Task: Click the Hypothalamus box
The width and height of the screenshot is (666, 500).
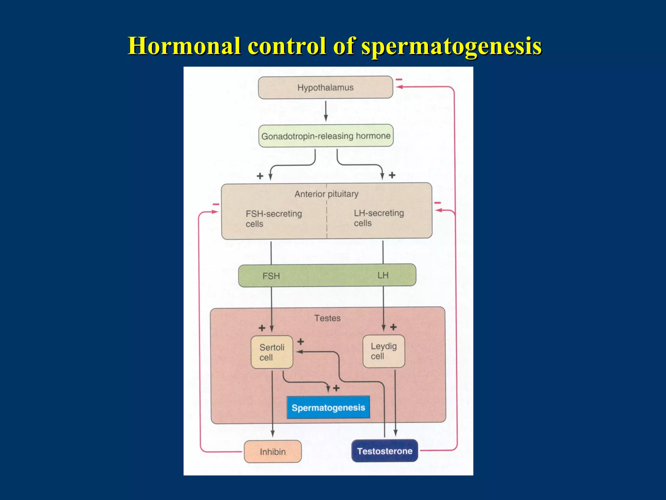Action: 325,88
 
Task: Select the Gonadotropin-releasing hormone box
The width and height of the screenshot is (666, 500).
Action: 326,136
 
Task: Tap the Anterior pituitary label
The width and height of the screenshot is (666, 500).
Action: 326,194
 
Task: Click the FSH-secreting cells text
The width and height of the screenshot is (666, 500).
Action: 273,218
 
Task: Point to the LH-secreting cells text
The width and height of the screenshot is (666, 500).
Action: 379,218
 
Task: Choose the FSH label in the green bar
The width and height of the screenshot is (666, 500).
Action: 271,276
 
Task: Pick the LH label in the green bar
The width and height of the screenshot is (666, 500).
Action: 383,275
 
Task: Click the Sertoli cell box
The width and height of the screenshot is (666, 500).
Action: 272,352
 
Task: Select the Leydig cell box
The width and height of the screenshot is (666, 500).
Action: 383,351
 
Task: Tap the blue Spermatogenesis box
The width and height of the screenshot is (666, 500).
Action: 328,408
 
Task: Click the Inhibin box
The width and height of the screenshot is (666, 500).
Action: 273,451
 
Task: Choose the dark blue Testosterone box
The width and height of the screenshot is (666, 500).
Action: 384,451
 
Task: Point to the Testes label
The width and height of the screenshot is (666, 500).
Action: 327,318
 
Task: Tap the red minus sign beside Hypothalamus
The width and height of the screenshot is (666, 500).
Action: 399,79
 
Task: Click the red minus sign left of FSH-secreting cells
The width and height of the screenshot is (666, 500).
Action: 216,204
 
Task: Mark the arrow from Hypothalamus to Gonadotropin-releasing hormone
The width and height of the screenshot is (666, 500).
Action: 326,111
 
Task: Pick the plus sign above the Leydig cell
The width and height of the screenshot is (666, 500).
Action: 393,327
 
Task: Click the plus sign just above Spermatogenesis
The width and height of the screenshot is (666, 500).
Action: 336,388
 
